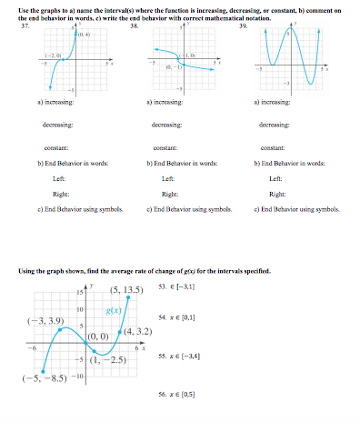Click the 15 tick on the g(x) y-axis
[x=79, y=293]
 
